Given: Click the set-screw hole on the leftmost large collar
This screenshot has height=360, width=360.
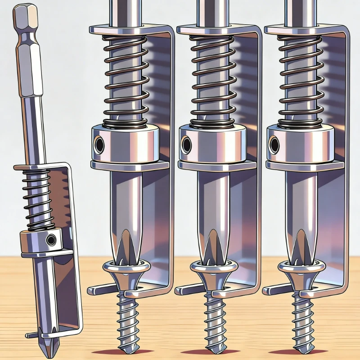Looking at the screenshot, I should [99, 144].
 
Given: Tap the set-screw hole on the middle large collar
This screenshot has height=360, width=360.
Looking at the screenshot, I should [185, 144].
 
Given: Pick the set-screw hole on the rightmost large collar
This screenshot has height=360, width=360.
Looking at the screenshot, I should [273, 144].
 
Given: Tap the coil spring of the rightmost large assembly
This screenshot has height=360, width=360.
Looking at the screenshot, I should [300, 81].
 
